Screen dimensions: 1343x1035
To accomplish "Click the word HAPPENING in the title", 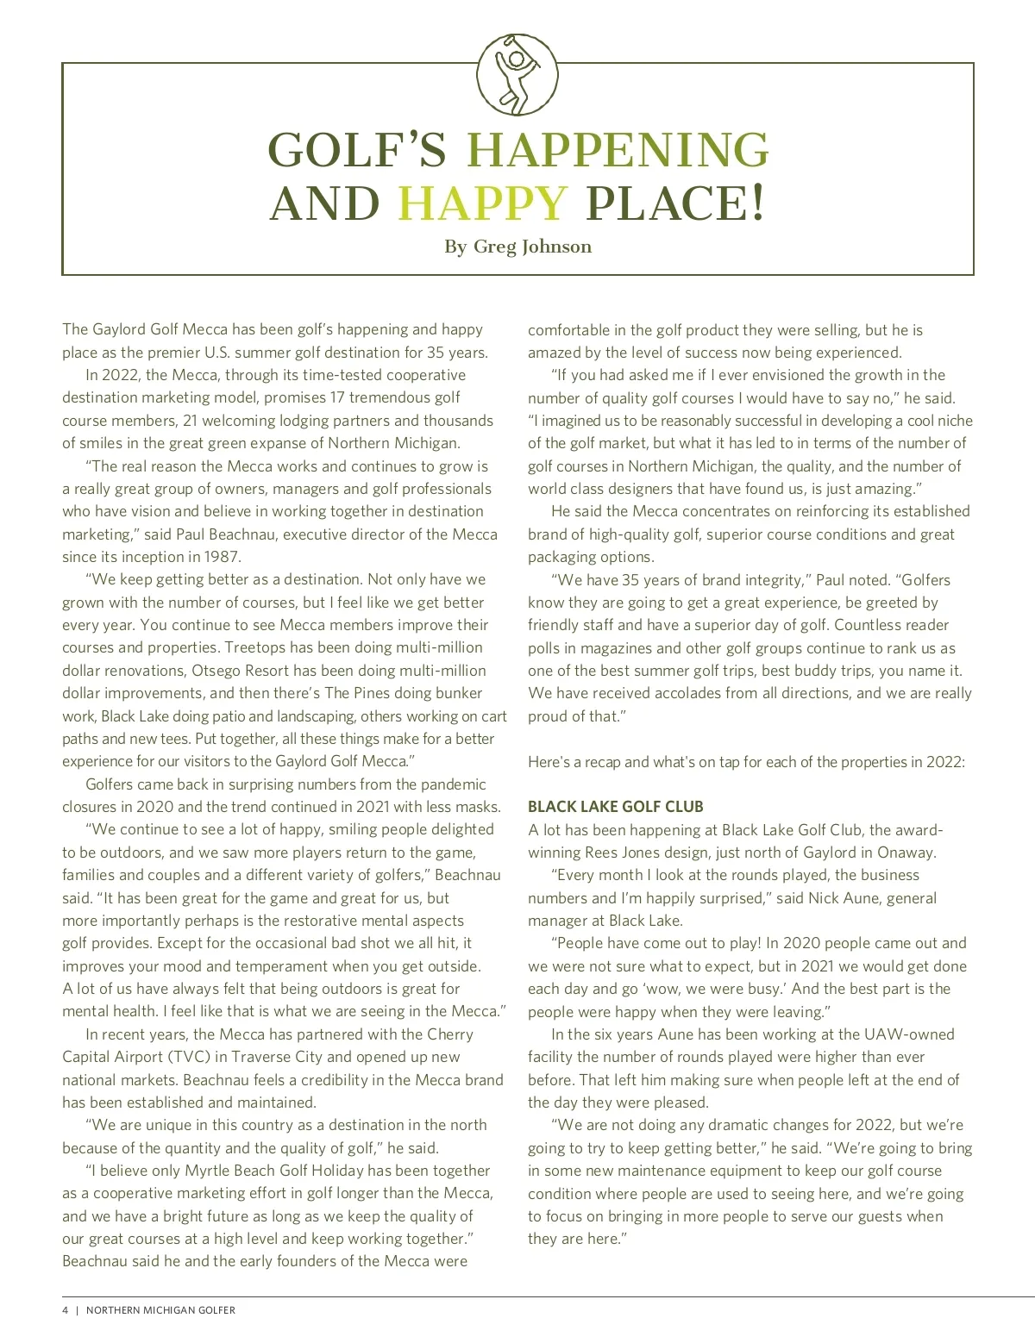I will click(618, 151).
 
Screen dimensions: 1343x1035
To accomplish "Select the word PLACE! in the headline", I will click(675, 204).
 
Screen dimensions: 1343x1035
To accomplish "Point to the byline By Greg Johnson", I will click(517, 247).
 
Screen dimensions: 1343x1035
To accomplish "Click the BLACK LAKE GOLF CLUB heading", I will click(616, 807).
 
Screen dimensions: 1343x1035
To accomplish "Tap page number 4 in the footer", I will click(66, 1310).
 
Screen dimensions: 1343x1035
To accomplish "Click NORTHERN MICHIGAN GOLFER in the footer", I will click(160, 1310).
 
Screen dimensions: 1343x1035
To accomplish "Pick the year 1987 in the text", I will click(223, 557).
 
